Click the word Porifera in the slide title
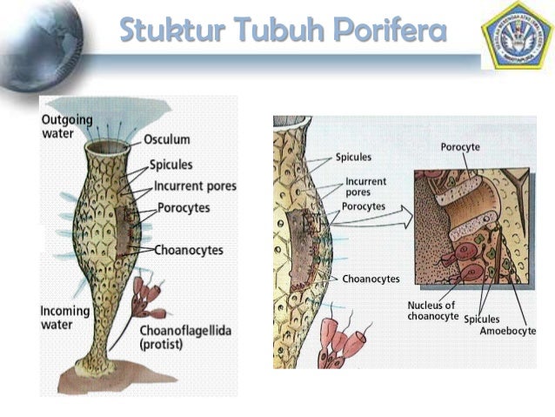coord(390,31)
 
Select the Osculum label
coord(166,139)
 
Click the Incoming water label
coord(63,318)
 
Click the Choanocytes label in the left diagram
coord(189,250)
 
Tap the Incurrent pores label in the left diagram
coord(195,185)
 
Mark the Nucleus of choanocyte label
coord(431,310)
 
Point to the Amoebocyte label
coord(508,332)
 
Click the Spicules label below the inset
coord(482,319)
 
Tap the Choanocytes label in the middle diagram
coord(371,279)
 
